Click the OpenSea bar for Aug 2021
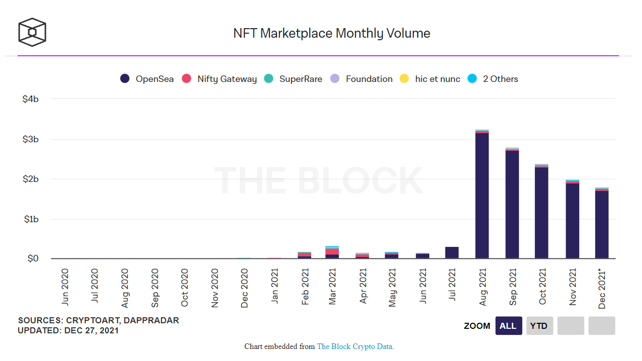(x=482, y=196)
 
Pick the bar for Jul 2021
(x=452, y=253)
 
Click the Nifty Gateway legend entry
(x=219, y=79)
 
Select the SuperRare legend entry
(x=293, y=79)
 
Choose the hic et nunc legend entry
(x=430, y=79)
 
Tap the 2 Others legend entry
(x=493, y=79)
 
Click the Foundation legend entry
(x=361, y=79)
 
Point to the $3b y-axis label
(x=31, y=139)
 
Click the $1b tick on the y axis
(x=31, y=219)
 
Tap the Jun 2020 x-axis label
(x=65, y=288)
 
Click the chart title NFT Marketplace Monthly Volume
(x=332, y=34)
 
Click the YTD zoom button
(x=540, y=326)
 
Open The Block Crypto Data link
(x=355, y=346)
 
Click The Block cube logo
(x=32, y=32)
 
